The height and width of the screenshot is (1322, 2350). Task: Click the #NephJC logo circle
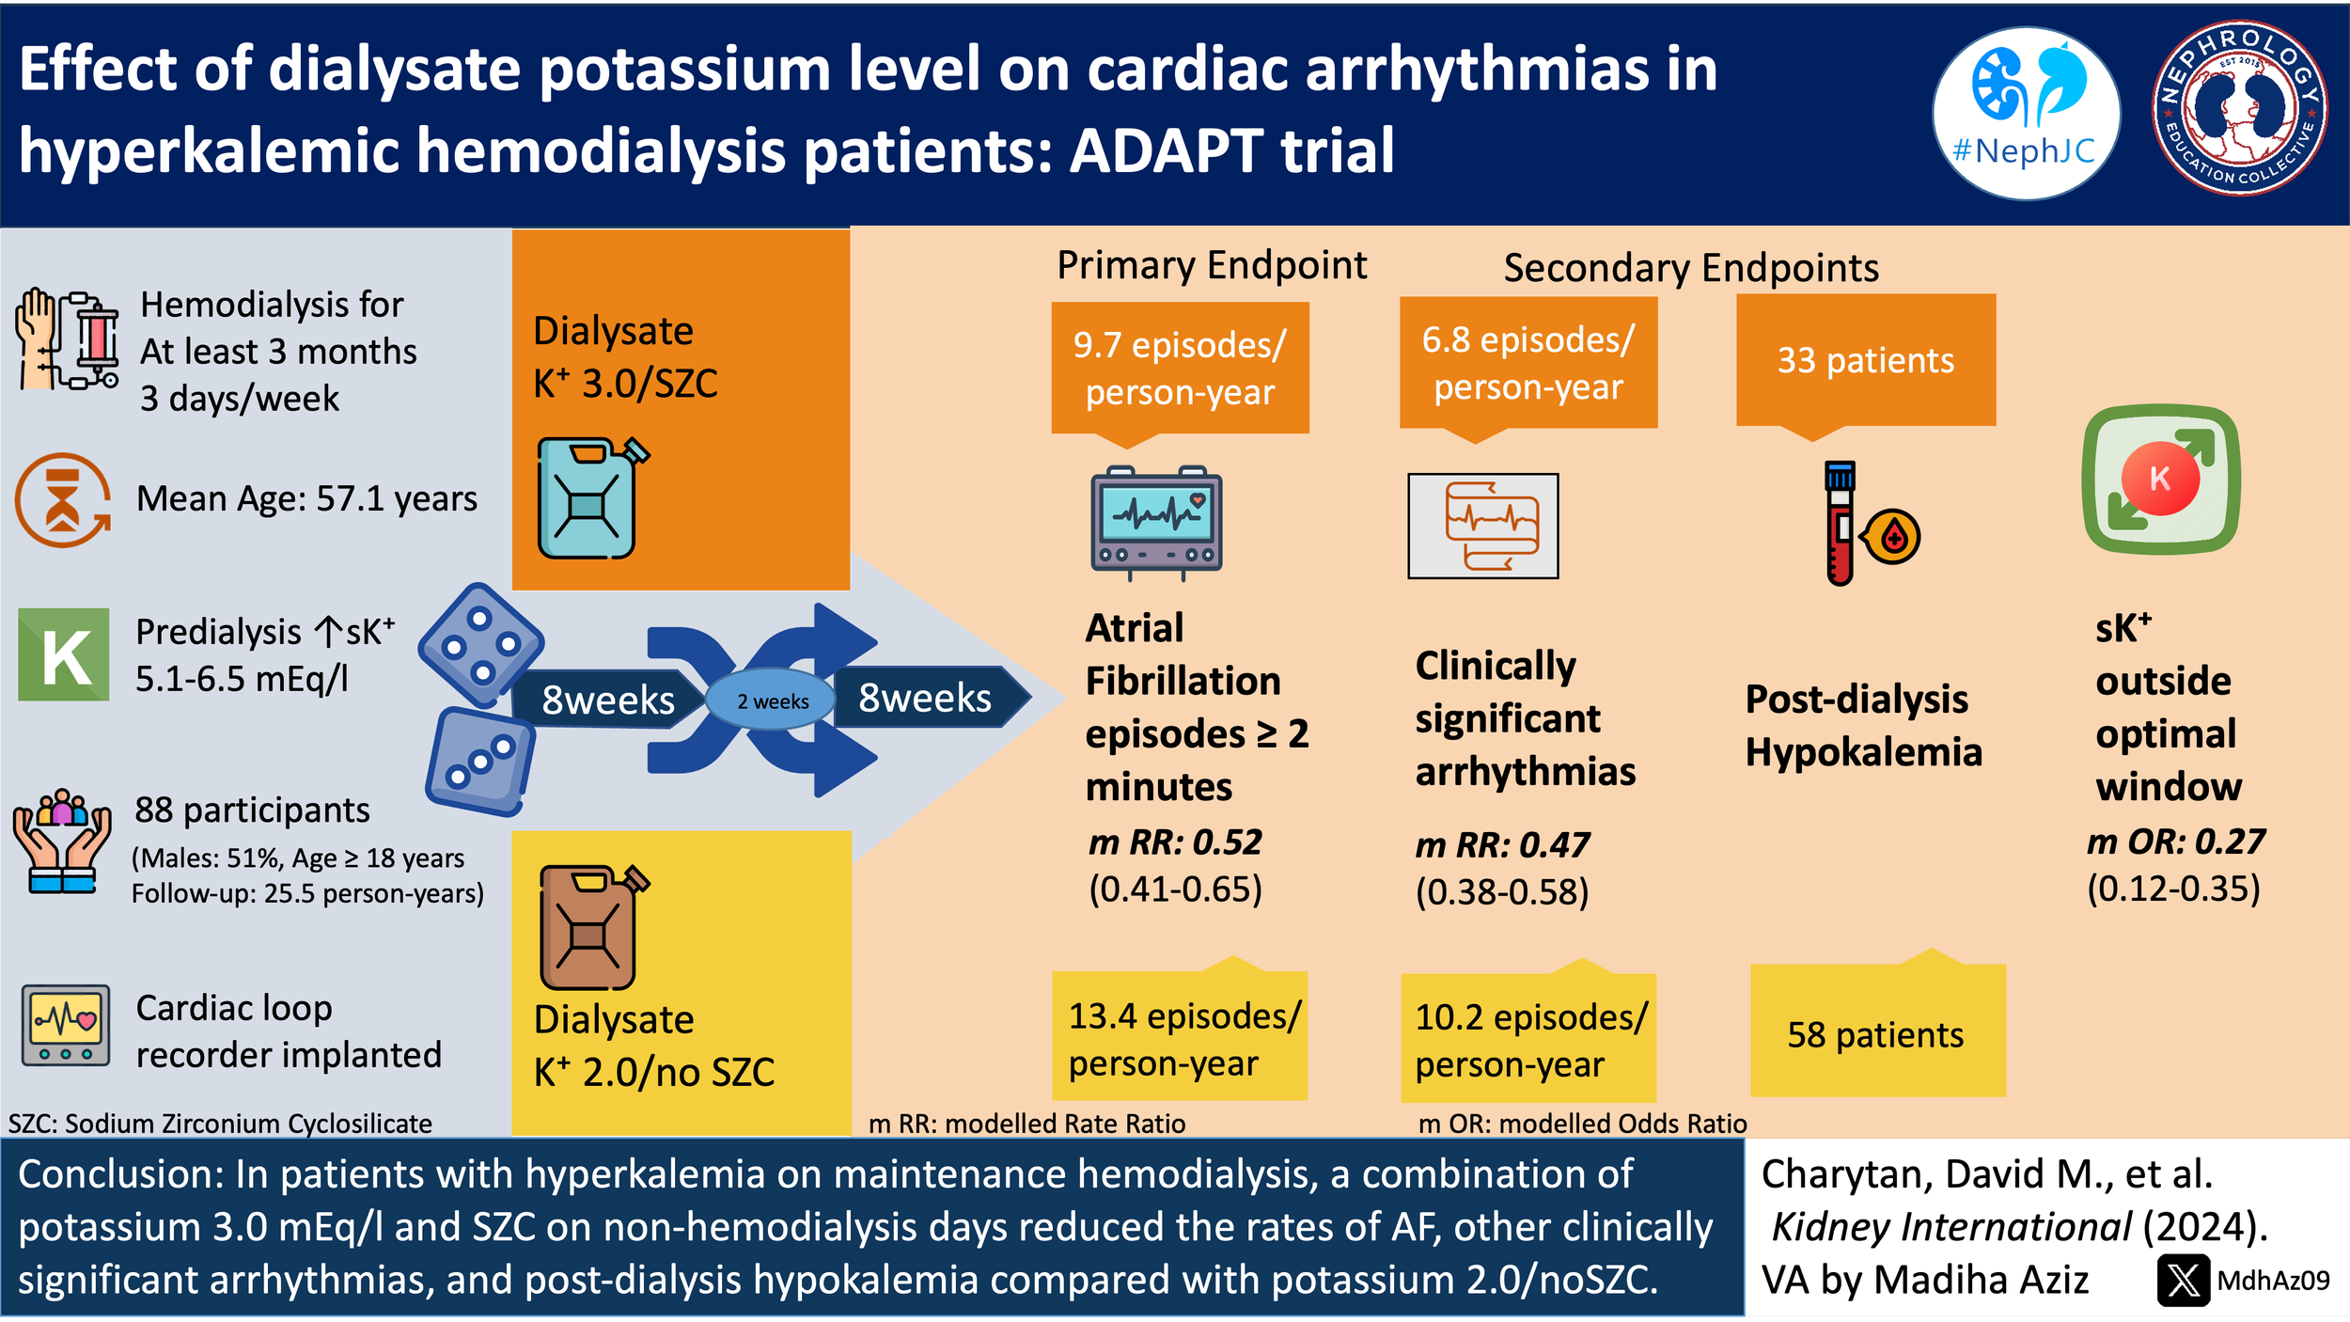2026,113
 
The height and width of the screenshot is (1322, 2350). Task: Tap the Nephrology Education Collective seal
2240,108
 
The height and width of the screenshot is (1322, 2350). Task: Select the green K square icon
64,654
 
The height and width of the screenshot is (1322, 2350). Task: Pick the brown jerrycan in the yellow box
590,928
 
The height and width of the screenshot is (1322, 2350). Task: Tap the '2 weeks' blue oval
771,700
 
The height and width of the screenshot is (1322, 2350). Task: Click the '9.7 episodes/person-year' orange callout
1180,368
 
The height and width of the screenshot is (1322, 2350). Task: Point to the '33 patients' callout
1865,361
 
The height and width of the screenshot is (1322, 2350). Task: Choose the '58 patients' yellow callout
1876,1034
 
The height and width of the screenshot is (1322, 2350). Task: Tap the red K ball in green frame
2160,479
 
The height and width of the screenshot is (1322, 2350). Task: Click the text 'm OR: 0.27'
2175,842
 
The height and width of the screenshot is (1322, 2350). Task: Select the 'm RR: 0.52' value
1175,842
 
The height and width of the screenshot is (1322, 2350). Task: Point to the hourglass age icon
62,499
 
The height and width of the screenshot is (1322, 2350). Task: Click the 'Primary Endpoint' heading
1211,266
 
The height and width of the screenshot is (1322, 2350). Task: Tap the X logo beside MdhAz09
2183,1281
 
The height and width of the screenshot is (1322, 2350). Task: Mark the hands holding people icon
62,842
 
